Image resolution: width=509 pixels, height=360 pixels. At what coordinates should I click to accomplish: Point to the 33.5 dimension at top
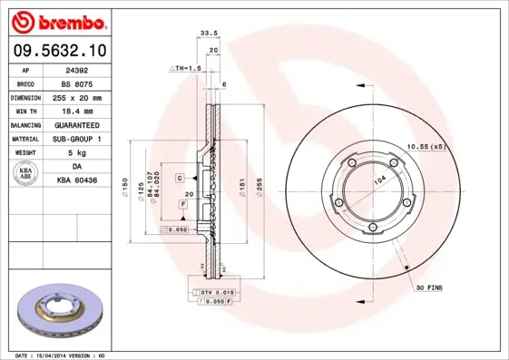click(207, 34)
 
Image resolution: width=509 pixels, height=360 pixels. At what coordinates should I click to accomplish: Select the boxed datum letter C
click(180, 178)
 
